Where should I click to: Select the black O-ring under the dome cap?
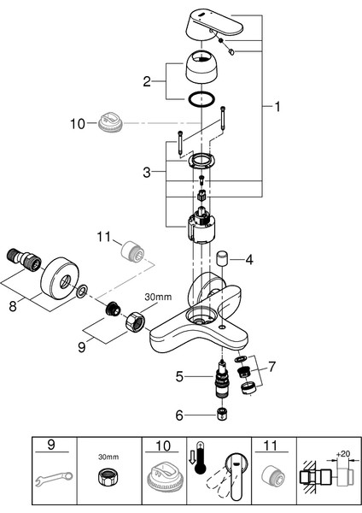[x=201, y=99]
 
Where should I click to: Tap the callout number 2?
[x=147, y=81]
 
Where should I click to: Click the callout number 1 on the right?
[x=277, y=107]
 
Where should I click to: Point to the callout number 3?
[x=147, y=172]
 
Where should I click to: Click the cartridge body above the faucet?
[x=201, y=226]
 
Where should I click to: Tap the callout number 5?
[x=179, y=376]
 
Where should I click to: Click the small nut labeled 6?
[x=222, y=414]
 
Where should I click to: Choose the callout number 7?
[x=271, y=367]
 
